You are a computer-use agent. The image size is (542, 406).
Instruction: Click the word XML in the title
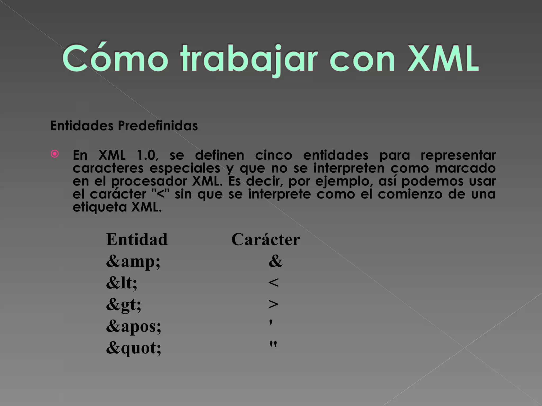(x=443, y=59)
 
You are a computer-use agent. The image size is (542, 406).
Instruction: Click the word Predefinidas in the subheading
(x=158, y=126)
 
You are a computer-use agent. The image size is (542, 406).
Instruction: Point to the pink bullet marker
(x=55, y=154)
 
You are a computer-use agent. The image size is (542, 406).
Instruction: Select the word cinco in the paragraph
(x=273, y=155)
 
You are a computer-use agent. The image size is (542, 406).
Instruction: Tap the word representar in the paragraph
(x=458, y=155)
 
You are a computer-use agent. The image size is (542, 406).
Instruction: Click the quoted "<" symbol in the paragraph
(x=161, y=194)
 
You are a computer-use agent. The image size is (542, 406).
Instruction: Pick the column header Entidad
(x=137, y=239)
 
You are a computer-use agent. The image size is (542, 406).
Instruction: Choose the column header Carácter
(x=266, y=239)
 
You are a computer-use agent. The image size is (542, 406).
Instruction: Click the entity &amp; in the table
(x=133, y=261)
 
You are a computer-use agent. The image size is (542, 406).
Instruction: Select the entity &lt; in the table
(x=121, y=283)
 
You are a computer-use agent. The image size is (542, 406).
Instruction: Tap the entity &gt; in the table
(x=124, y=305)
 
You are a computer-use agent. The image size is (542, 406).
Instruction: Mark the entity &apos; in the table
(x=133, y=326)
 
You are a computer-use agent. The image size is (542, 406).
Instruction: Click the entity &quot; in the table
(x=133, y=348)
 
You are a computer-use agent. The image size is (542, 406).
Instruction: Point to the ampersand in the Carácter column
(x=275, y=261)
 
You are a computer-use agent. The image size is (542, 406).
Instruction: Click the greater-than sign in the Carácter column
(x=273, y=304)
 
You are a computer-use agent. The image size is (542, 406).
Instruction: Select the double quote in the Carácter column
(x=273, y=345)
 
